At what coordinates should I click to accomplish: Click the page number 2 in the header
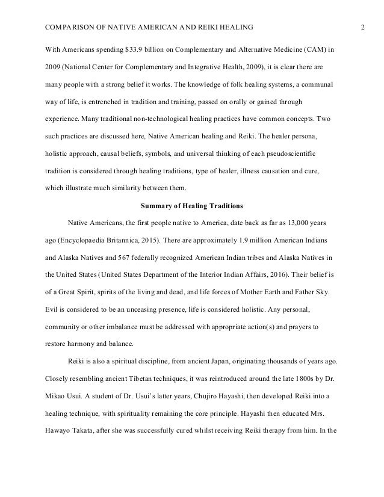coord(363,28)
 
